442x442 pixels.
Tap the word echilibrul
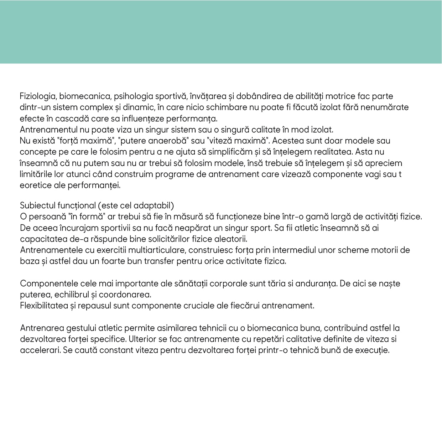pyautogui.click(x=73, y=295)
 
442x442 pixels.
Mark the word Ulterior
pyautogui.click(x=142, y=339)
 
